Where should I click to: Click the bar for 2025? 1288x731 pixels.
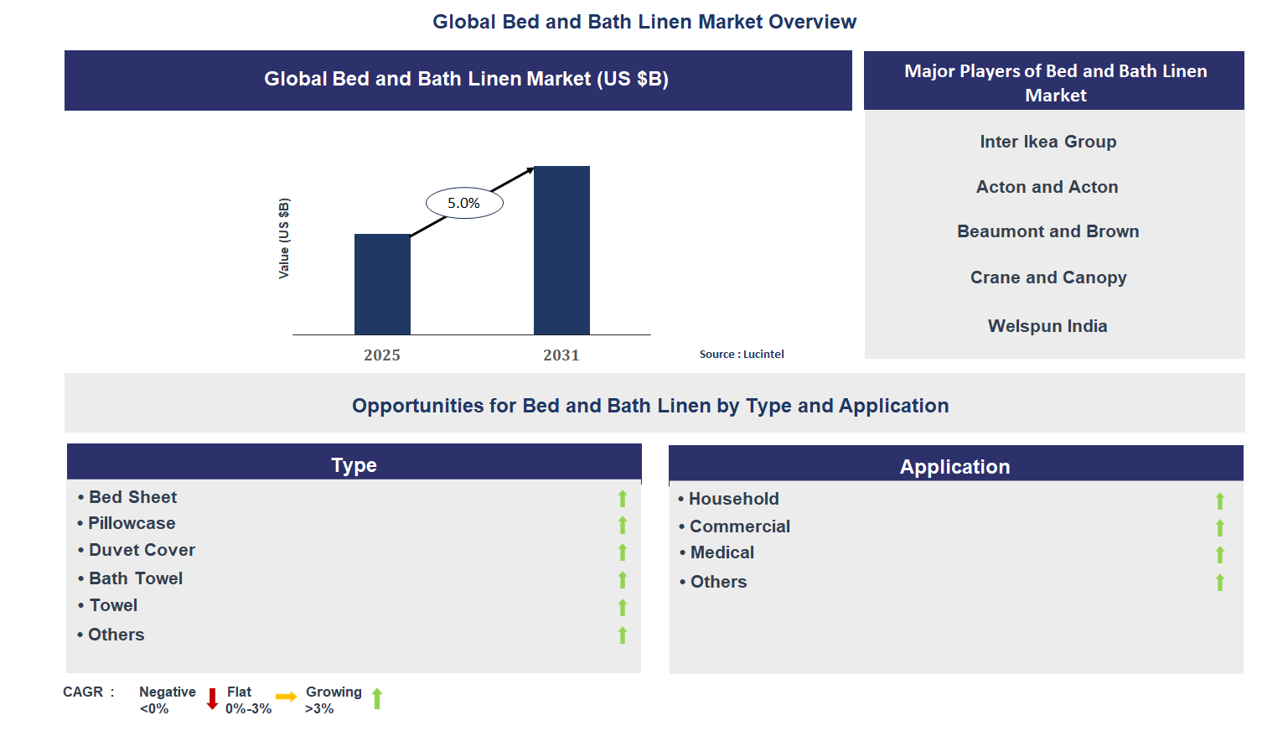[x=382, y=284]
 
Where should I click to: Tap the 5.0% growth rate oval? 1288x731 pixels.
[x=464, y=203]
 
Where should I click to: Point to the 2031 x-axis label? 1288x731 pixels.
[x=561, y=355]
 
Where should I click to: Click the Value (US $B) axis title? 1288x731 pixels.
[x=284, y=239]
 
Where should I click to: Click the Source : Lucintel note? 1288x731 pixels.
[x=742, y=355]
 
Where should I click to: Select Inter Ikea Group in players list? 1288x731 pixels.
[x=1047, y=142]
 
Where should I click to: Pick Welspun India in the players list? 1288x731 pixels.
[x=1047, y=326]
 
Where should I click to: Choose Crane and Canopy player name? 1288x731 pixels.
[x=1047, y=277]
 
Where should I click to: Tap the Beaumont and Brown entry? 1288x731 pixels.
[x=1047, y=231]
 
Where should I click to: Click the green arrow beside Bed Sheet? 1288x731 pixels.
[x=623, y=499]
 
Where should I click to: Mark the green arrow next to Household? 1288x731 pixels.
[x=1219, y=501]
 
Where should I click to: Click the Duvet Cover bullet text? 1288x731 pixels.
[x=142, y=550]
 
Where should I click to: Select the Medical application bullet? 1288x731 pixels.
[x=722, y=552]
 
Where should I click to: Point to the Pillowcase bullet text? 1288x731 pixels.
[x=132, y=523]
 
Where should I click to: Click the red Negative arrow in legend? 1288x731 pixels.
[x=212, y=698]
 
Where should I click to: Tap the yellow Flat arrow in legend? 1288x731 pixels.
[x=286, y=697]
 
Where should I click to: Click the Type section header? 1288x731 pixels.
[x=354, y=464]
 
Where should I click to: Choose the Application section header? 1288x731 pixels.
[x=954, y=466]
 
